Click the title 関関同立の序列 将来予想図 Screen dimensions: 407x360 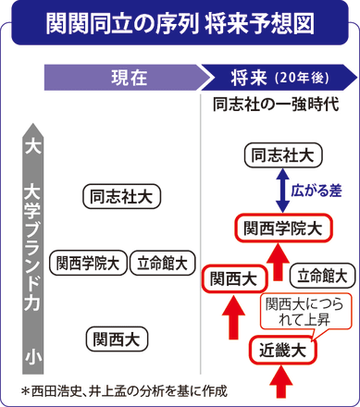pyautogui.click(x=180, y=21)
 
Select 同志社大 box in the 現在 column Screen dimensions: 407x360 pyautogui.click(x=121, y=196)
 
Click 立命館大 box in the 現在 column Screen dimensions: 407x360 pyautogui.click(x=162, y=262)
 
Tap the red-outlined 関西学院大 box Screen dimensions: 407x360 pyautogui.click(x=280, y=227)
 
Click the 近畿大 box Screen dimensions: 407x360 pyautogui.click(x=282, y=351)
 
